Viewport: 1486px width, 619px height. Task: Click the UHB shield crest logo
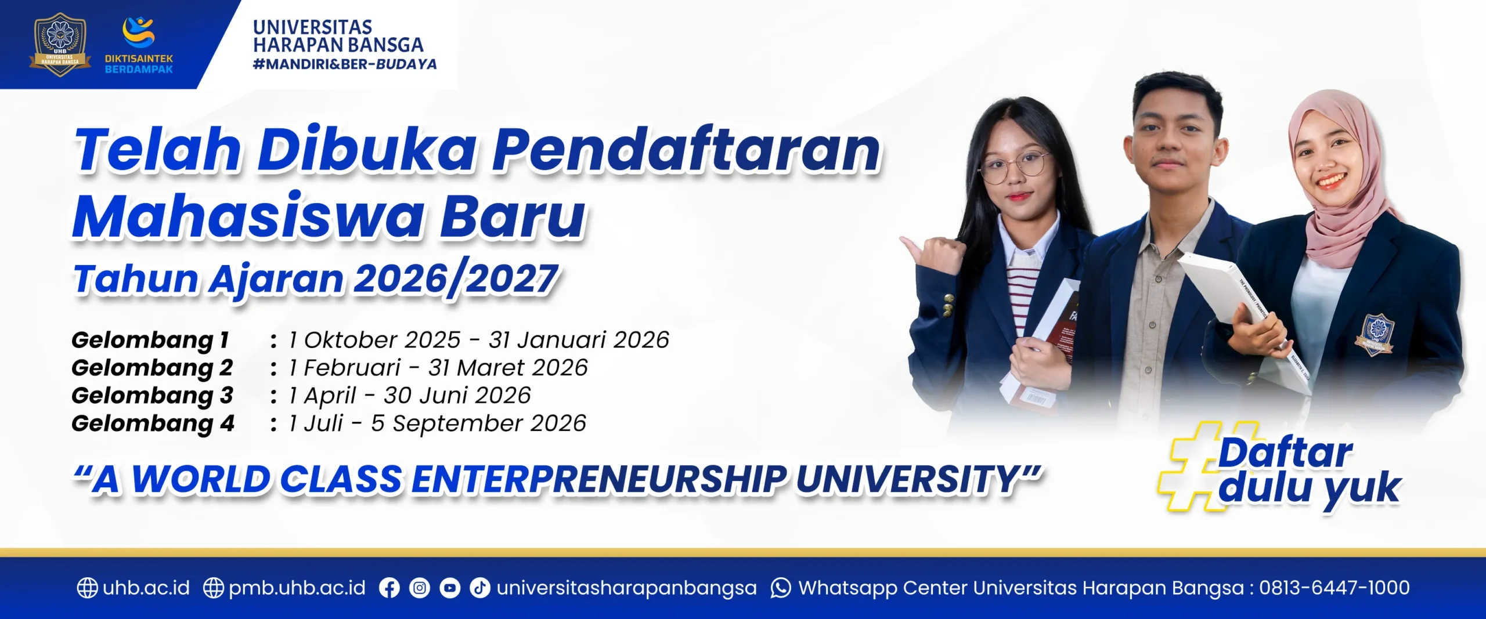[x=60, y=45]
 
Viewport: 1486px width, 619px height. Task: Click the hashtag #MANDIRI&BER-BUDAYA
[x=345, y=64]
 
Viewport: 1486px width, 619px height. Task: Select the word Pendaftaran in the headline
[x=687, y=150]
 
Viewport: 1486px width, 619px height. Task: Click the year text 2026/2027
[x=456, y=280]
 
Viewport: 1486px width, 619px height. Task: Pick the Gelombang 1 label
[x=150, y=340]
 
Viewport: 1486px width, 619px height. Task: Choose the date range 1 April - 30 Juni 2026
[x=410, y=396]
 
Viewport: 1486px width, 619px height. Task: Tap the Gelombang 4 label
[x=153, y=423]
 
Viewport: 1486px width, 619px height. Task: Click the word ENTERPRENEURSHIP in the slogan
[x=599, y=480]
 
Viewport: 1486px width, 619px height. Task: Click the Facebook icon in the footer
[x=389, y=588]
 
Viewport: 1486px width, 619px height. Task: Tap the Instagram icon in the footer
[x=420, y=588]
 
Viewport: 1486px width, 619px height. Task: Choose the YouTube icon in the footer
[x=450, y=588]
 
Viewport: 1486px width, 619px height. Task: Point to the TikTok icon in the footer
[x=479, y=588]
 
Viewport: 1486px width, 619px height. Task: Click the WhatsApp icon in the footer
[x=781, y=588]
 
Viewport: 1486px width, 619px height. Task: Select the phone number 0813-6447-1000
[x=1334, y=588]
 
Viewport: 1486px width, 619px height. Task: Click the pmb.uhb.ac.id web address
[x=297, y=588]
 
